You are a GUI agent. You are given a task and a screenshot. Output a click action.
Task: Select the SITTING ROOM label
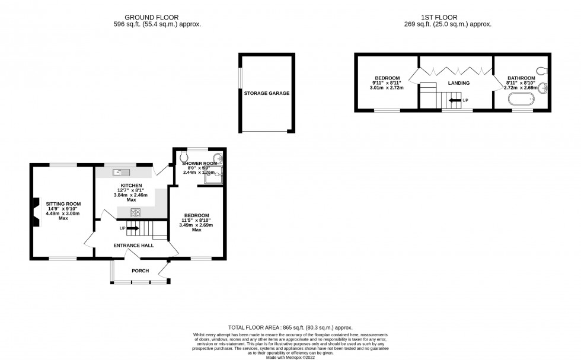(x=63, y=204)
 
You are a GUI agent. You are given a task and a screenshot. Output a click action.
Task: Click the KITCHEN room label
(x=131, y=186)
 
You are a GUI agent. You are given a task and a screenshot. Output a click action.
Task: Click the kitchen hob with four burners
(x=136, y=212)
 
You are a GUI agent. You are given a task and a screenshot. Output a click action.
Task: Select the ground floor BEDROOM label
(x=196, y=215)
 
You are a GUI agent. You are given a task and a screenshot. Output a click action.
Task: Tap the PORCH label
(x=140, y=271)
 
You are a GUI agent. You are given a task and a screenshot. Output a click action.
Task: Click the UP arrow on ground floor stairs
(x=132, y=228)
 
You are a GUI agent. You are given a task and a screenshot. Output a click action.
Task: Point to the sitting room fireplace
(x=36, y=212)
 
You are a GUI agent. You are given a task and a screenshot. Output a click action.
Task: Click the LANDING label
(x=458, y=83)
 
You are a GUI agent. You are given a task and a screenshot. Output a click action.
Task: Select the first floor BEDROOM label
(x=386, y=78)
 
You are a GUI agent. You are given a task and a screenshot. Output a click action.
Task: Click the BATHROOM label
(x=521, y=78)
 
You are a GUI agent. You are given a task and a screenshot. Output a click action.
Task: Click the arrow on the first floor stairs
(x=454, y=101)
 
